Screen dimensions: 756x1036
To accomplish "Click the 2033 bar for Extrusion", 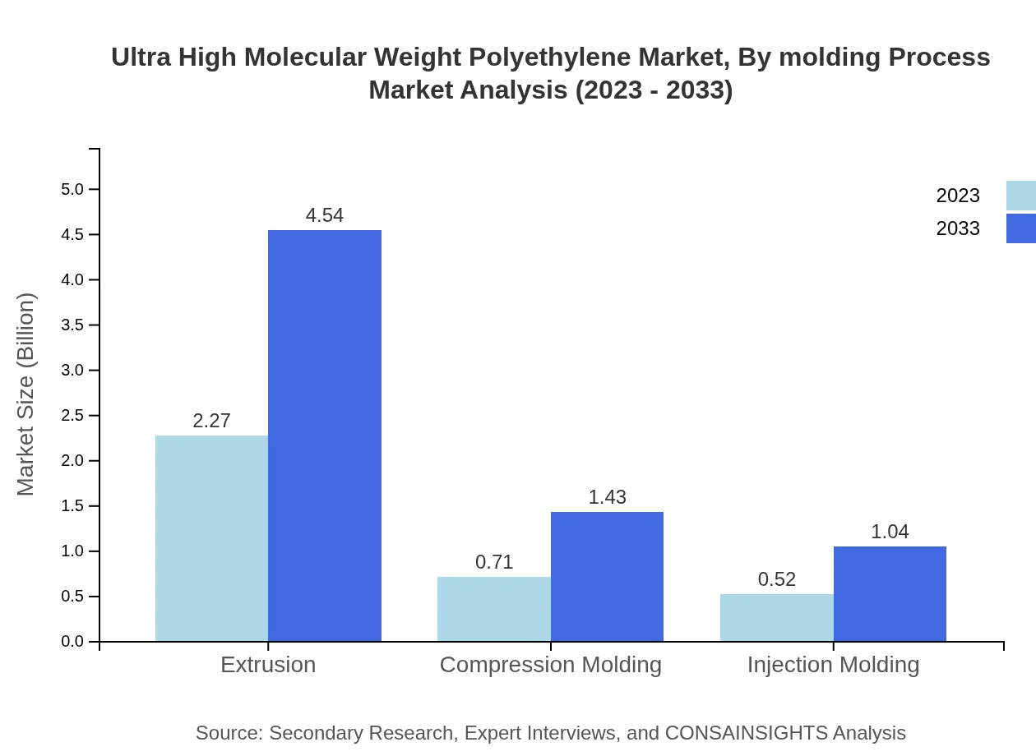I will [325, 436].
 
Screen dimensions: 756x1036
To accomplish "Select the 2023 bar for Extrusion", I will [211, 538].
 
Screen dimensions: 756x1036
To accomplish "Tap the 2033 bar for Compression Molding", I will [607, 576].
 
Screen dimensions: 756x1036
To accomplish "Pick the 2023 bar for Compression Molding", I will [493, 609].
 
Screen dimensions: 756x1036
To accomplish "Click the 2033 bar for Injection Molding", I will [890, 593].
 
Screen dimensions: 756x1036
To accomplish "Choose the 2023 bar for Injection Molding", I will [776, 617].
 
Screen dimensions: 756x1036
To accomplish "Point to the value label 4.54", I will [325, 215].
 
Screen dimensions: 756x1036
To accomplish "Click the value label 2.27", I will [211, 421].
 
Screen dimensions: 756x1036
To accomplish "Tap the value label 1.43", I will [607, 497].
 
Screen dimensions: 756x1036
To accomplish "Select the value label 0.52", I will [776, 579].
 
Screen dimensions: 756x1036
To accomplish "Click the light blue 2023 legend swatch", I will [1020, 196].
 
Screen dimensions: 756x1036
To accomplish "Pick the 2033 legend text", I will [957, 228].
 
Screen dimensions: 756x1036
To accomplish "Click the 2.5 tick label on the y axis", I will [72, 416].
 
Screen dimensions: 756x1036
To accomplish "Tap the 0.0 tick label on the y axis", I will [72, 642].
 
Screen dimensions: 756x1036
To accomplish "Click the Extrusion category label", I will [268, 665].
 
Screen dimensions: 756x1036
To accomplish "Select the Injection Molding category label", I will [833, 665].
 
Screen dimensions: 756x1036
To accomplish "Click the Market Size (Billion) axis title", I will [25, 394].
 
